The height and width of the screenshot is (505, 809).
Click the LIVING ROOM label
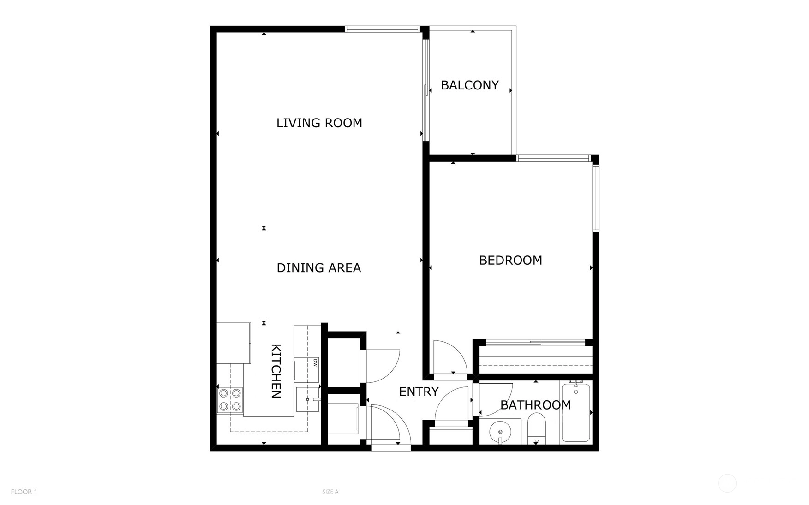click(319, 123)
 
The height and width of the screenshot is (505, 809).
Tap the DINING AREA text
click(318, 267)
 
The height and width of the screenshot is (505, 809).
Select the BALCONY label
click(469, 85)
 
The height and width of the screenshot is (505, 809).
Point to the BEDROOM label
click(510, 260)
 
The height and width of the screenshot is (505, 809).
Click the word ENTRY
click(419, 392)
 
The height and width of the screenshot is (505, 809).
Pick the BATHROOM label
click(535, 405)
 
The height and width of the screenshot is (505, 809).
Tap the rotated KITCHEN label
click(276, 371)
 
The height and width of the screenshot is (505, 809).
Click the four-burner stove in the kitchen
click(230, 399)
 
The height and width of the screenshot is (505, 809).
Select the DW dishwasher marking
click(315, 362)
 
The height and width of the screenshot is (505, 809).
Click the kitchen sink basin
click(307, 399)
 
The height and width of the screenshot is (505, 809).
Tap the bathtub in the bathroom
click(575, 412)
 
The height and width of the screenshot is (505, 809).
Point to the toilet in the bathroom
click(536, 428)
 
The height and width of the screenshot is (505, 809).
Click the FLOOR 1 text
click(24, 492)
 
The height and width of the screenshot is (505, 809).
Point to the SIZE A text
click(330, 492)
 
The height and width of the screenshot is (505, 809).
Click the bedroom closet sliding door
click(536, 342)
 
